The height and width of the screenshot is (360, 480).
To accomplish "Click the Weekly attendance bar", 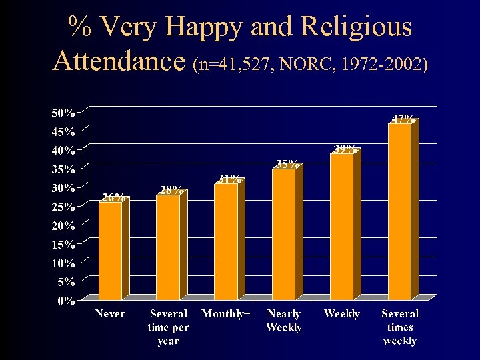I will (342, 227).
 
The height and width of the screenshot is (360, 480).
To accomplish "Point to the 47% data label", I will (403, 119).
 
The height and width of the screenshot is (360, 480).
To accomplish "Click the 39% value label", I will (345, 149).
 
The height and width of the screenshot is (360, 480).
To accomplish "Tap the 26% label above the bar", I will (113, 197).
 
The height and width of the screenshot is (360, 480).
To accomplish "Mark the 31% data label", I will (229, 179).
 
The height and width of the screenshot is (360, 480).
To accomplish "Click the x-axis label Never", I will (110, 313).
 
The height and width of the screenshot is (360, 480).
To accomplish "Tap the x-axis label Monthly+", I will (226, 313).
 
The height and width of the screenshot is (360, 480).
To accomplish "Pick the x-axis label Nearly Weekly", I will (284, 320).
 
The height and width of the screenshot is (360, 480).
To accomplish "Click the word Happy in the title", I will (206, 27).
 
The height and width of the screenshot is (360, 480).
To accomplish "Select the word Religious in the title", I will (356, 27).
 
